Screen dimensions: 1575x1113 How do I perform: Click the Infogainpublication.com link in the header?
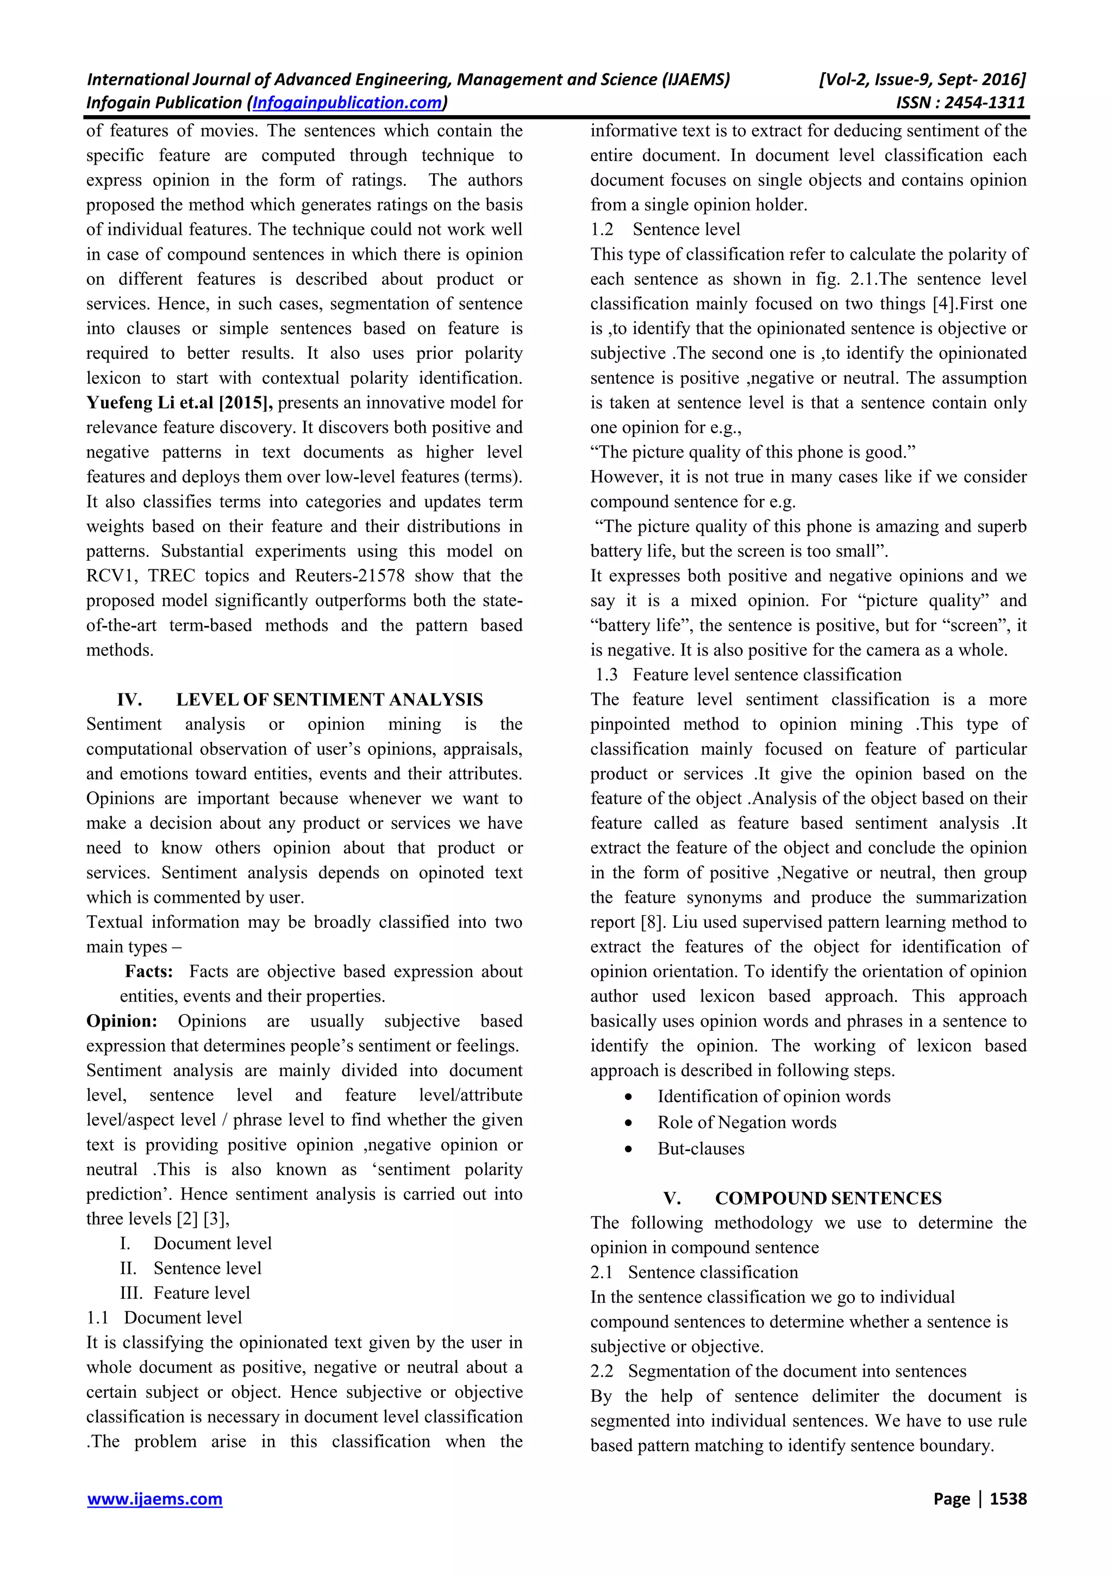[x=347, y=103]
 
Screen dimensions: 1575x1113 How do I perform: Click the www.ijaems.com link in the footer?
[x=154, y=1499]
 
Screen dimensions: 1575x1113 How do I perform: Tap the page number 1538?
[x=1008, y=1499]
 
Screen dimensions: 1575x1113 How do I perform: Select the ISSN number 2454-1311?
[x=985, y=103]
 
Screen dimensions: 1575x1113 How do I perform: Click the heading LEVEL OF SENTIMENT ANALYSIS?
[x=329, y=699]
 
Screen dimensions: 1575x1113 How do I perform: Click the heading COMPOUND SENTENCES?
[x=828, y=1198]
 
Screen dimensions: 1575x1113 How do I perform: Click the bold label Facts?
[x=149, y=971]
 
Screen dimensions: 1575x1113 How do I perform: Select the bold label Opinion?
[x=121, y=1021]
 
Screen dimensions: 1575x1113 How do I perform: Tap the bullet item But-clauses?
[x=700, y=1149]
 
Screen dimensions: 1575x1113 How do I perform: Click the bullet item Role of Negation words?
[x=746, y=1123]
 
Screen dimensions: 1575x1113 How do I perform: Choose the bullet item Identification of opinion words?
[x=773, y=1097]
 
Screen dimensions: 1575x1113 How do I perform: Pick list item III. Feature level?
[x=185, y=1293]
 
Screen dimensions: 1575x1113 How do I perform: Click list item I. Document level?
[x=196, y=1243]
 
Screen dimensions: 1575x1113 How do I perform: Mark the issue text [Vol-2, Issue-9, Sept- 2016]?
[x=922, y=79]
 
